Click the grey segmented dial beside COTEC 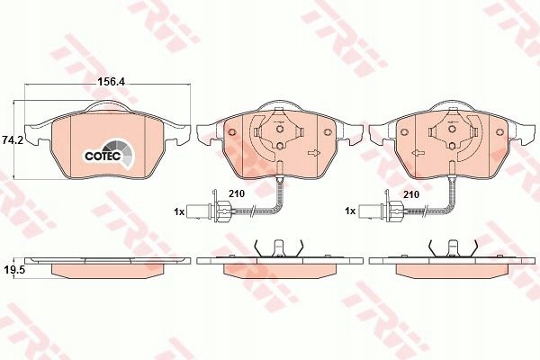(121, 153)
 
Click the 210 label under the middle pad (237, 194)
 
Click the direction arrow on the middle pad (314, 154)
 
